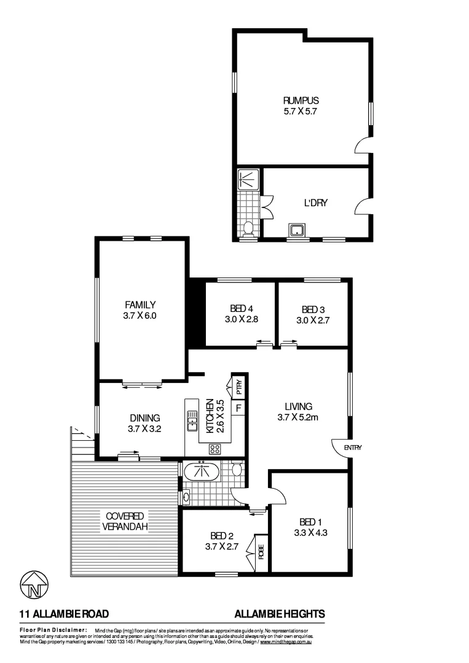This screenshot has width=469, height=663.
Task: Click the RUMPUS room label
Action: click(x=301, y=101)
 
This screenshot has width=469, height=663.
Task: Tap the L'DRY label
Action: click(x=315, y=203)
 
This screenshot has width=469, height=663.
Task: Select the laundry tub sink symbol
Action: click(x=298, y=231)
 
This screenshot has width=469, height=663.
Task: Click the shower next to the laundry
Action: click(x=248, y=179)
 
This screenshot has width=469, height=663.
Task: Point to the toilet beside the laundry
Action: click(x=248, y=229)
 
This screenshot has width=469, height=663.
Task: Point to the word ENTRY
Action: click(x=353, y=448)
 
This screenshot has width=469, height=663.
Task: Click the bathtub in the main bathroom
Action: click(x=202, y=472)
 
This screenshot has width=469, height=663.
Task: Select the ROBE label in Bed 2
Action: click(x=261, y=551)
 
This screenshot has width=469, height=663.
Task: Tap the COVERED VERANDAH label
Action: click(x=124, y=521)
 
